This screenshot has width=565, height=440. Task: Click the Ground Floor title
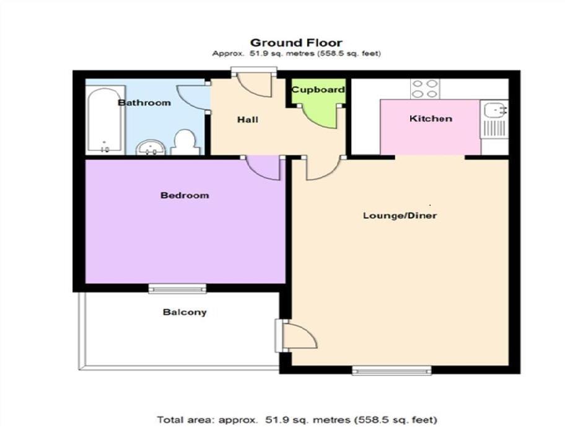(x=296, y=43)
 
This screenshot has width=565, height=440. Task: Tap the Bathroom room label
(x=144, y=102)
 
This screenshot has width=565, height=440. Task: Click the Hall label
(x=248, y=120)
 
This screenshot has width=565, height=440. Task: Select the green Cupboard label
(x=318, y=90)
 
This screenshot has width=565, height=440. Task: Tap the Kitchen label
(x=431, y=118)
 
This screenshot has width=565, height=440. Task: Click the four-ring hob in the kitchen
(x=424, y=89)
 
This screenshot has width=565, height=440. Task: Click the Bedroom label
(x=185, y=195)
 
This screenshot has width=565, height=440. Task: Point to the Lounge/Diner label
(x=400, y=216)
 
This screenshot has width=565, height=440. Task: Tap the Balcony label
(x=185, y=312)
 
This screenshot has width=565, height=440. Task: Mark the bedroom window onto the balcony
(x=177, y=288)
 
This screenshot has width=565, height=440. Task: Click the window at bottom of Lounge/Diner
(x=392, y=371)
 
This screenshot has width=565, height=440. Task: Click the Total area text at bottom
(x=297, y=420)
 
